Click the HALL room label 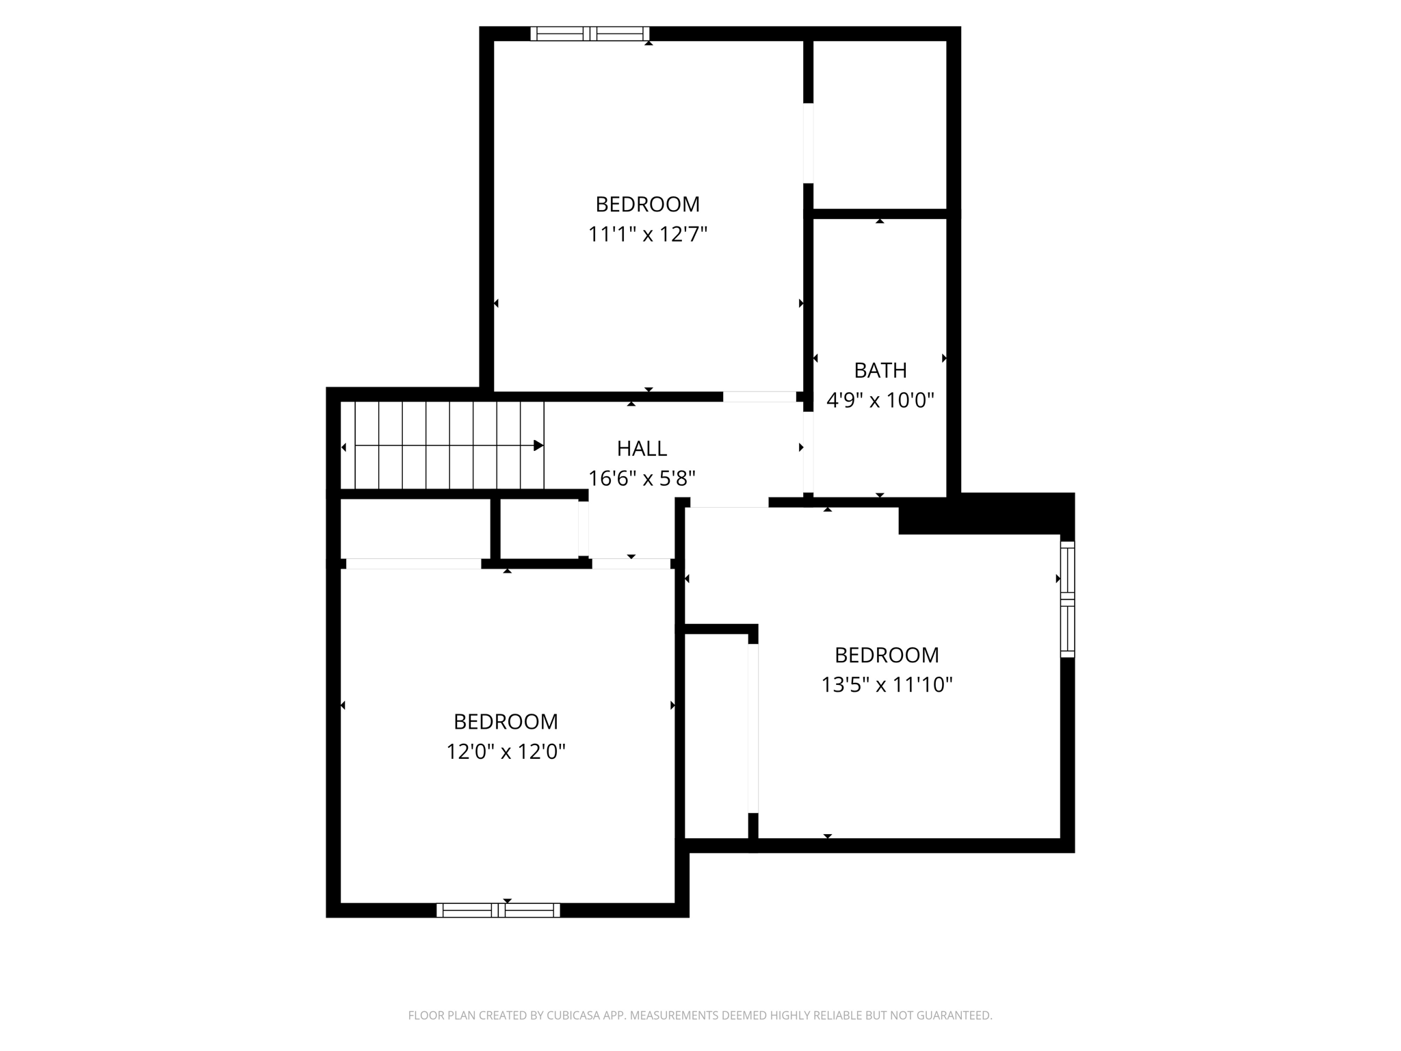click(x=642, y=449)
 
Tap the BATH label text click(x=880, y=370)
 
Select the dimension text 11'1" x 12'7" click(x=647, y=235)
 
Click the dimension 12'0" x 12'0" click(x=506, y=752)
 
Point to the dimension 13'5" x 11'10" click(x=887, y=684)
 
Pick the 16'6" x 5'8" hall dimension click(x=642, y=478)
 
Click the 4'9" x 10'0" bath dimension click(x=880, y=400)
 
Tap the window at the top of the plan click(x=590, y=34)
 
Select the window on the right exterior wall click(x=1067, y=599)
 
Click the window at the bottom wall click(x=498, y=910)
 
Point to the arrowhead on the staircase click(x=538, y=446)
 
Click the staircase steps click(x=438, y=445)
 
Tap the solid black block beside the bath click(x=985, y=514)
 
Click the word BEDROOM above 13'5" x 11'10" click(x=887, y=655)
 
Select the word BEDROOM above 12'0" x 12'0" click(x=506, y=722)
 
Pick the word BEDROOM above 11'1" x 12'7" click(x=647, y=205)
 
